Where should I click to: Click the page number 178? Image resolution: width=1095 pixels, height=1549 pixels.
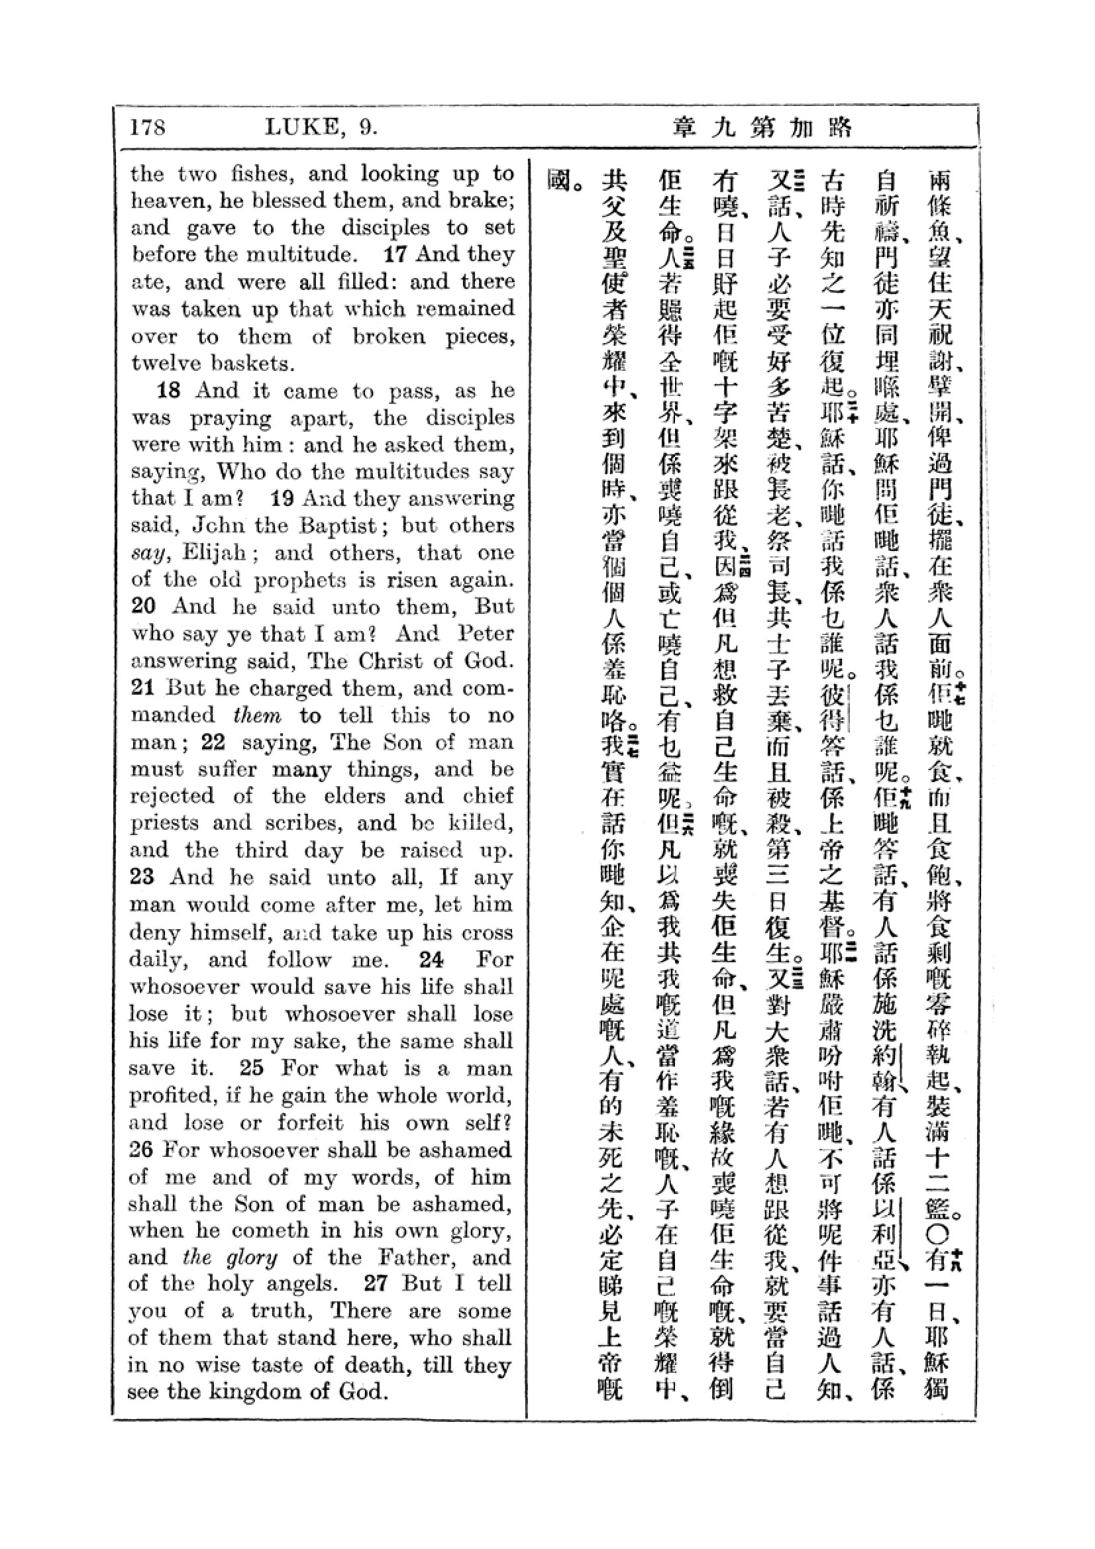[148, 127]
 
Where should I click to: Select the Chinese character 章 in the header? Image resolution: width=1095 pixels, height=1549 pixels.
[684, 127]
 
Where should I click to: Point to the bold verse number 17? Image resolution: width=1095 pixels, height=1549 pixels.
[396, 254]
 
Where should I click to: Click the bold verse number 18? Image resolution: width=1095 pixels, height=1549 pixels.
[170, 391]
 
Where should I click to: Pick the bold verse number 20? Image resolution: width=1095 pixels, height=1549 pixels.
[143, 606]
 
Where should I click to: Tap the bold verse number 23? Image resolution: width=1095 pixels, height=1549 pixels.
[142, 877]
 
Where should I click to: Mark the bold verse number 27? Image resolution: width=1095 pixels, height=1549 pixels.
[376, 1283]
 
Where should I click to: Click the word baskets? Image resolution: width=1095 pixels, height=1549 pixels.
[252, 364]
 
